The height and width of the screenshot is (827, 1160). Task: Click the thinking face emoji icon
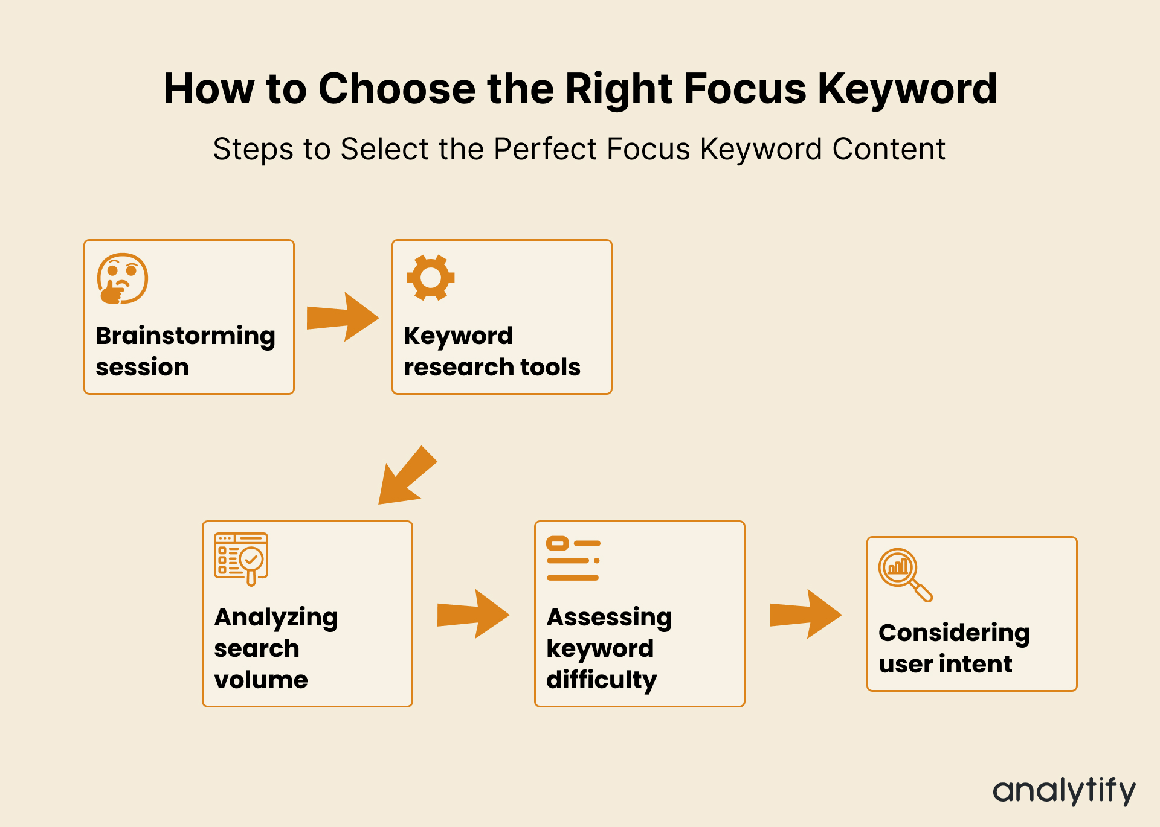[x=123, y=278]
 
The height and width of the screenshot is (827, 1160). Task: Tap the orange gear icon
[x=430, y=278]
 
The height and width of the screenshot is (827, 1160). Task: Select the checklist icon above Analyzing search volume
[x=241, y=559]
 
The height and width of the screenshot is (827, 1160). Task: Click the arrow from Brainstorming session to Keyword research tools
[x=343, y=317]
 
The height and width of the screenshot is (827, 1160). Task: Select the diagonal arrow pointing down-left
[x=406, y=476]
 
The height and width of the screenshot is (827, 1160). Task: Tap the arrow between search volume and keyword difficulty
[x=473, y=614]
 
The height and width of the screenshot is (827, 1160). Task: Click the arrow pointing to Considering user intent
[x=805, y=614]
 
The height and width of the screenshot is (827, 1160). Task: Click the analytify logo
[x=1064, y=791]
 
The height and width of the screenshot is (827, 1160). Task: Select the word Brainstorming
[x=185, y=336]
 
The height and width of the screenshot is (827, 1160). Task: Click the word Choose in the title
[x=397, y=89]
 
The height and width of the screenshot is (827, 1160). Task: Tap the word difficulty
[x=601, y=680]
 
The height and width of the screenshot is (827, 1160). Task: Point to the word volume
[x=261, y=680]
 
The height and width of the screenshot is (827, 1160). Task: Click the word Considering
[x=954, y=633]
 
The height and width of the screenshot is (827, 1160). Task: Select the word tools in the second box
[x=550, y=367]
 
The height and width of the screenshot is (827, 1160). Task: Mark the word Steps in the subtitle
[x=253, y=149]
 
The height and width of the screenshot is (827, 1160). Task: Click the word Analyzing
[x=276, y=618]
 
